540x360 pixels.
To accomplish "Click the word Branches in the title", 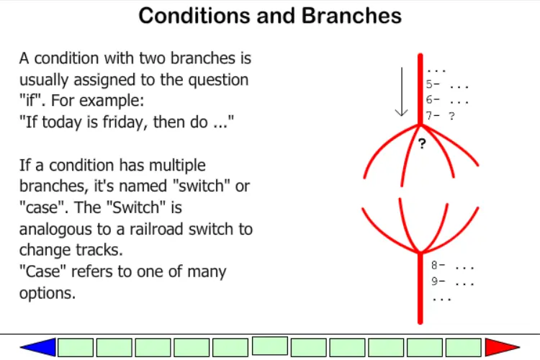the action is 351,16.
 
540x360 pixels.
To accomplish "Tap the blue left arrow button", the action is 38,347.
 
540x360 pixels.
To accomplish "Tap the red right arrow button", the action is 502,347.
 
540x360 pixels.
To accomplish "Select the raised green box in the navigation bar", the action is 270,346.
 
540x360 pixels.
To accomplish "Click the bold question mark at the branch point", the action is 422,143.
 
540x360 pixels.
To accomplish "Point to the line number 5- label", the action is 433,84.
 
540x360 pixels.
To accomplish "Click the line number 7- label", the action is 433,115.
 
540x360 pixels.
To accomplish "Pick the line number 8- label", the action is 438,265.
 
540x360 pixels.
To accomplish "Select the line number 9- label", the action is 438,281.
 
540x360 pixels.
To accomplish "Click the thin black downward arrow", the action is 402,91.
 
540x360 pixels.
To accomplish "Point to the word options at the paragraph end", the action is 48,294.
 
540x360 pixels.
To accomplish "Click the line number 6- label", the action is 433,100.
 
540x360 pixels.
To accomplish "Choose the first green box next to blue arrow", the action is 76,347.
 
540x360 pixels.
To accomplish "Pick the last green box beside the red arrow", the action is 463,347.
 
